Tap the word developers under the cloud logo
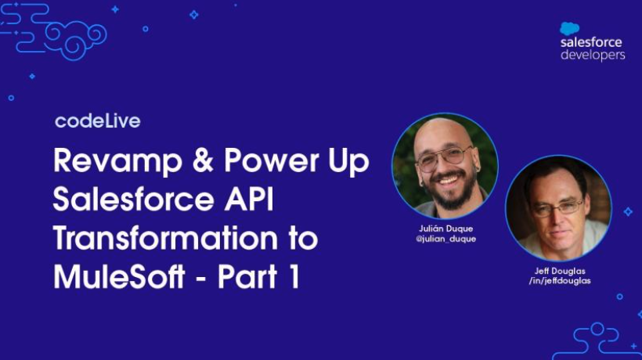[593, 56]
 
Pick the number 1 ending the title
[293, 278]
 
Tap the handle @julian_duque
[446, 239]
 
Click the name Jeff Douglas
[559, 271]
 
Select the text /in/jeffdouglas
[559, 281]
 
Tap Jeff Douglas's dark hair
[557, 174]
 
